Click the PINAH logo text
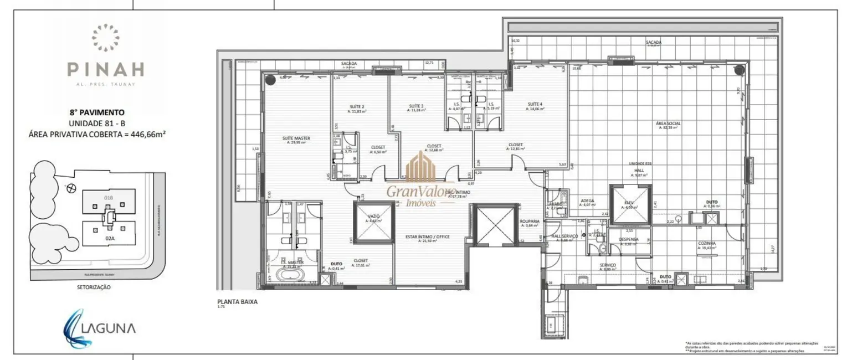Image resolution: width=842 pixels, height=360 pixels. tap(106, 69)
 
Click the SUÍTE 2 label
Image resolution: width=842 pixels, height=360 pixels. tap(356, 106)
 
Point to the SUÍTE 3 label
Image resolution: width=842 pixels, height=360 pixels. tap(416, 106)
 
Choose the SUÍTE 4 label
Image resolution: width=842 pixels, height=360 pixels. tap(535, 104)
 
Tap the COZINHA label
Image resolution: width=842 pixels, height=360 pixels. tap(707, 243)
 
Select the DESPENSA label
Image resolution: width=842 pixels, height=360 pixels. tap(629, 239)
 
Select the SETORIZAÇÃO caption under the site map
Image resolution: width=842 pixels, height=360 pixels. tap(94, 287)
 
